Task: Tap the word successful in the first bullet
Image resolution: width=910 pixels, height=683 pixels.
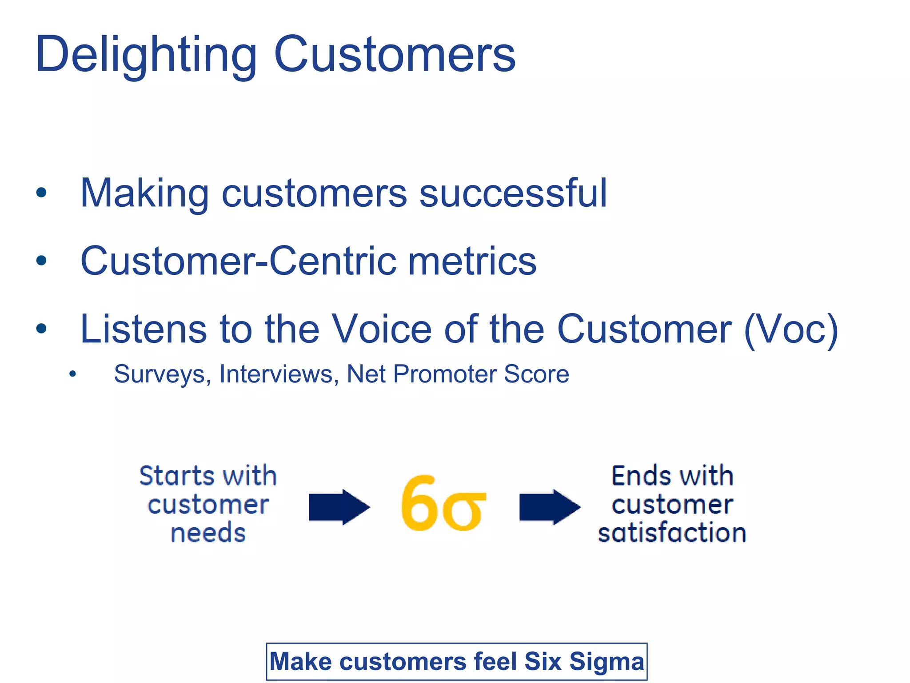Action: point(513,193)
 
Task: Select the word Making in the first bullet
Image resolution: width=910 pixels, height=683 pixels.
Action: point(144,193)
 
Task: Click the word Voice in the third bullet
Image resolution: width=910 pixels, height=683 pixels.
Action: point(382,329)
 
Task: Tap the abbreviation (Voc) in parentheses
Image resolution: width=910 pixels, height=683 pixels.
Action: point(791,329)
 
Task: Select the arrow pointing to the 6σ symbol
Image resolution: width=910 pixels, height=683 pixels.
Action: point(339,507)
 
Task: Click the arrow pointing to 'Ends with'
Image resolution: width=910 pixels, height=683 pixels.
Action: point(550,507)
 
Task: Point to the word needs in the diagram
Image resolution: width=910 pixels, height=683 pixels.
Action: point(208,533)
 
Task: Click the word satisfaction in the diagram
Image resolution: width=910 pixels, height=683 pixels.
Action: point(672,533)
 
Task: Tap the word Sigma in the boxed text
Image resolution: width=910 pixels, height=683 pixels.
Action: point(607,662)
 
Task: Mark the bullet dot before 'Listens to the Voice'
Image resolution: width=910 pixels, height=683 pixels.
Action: point(41,329)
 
